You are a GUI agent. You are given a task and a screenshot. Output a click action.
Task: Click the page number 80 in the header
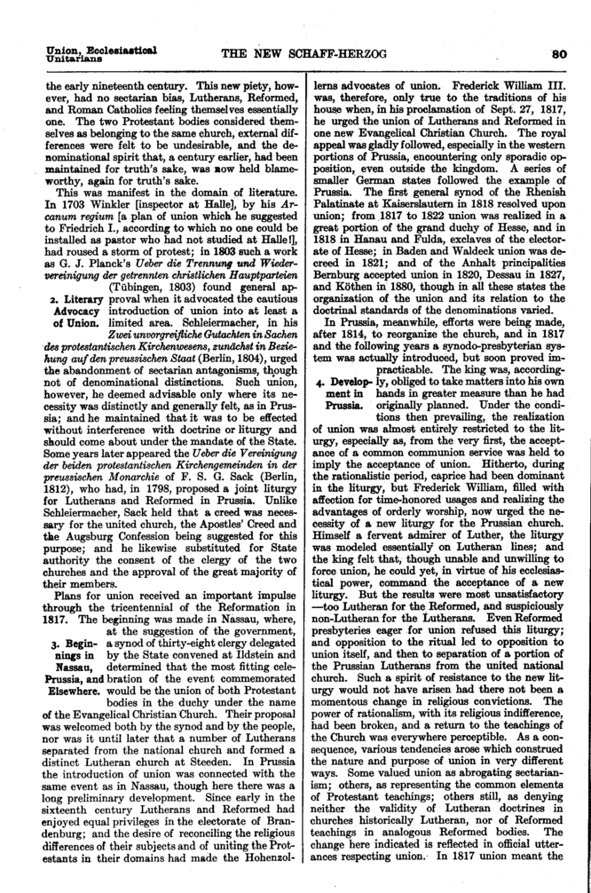point(560,53)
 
